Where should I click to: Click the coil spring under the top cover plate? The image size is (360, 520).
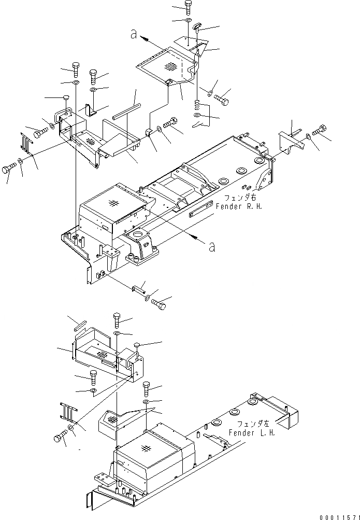[x=197, y=103]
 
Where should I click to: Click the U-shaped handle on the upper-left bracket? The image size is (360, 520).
[x=63, y=115]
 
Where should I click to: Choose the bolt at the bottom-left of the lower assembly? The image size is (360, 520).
[x=61, y=437]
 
